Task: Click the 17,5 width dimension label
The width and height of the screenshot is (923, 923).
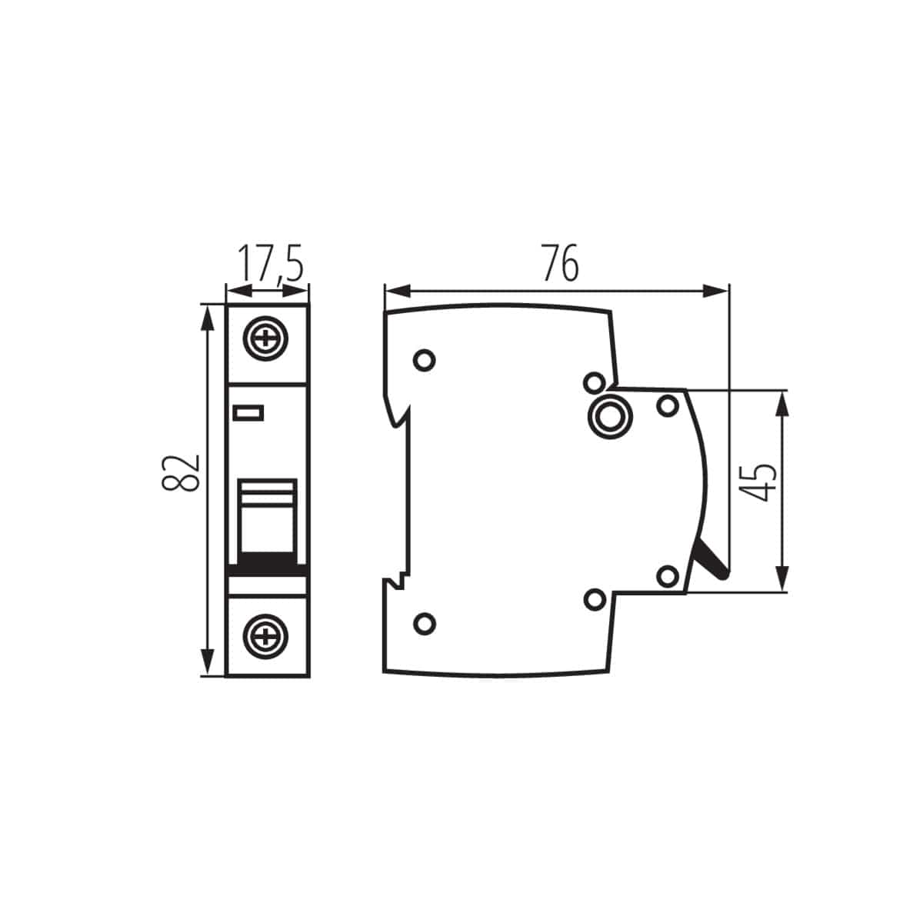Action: click(268, 263)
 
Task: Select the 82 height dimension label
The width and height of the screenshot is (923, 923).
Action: click(182, 471)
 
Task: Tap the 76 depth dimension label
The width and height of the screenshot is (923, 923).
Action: click(558, 264)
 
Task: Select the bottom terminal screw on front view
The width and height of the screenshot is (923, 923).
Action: click(267, 635)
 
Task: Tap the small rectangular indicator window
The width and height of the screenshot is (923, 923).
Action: click(248, 414)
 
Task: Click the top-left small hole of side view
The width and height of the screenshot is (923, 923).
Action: click(424, 360)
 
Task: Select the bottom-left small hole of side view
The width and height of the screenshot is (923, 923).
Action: click(424, 623)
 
